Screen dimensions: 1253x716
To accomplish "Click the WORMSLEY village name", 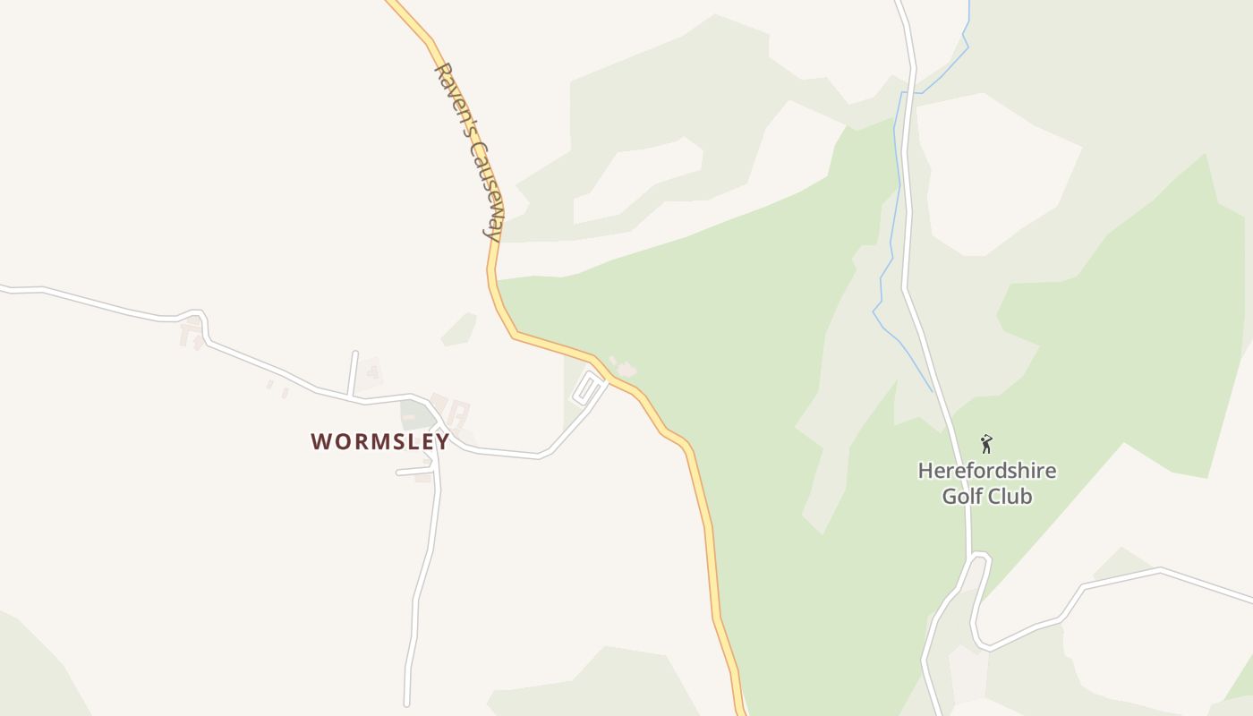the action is click(379, 441).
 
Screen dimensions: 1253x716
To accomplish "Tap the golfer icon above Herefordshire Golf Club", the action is click(986, 443).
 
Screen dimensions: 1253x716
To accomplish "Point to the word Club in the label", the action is click(1010, 496).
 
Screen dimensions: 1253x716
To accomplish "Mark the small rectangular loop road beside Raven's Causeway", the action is click(587, 388).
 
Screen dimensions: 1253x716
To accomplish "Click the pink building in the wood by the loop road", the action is click(626, 368).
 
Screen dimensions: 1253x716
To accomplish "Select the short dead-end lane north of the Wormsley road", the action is click(354, 372).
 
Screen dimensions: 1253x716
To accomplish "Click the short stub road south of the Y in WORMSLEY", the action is click(414, 471).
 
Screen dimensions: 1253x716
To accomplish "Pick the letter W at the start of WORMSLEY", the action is click(320, 441).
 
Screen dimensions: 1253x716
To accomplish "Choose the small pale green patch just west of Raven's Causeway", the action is click(460, 329).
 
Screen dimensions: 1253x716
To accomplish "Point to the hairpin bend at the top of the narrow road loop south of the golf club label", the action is click(980, 557).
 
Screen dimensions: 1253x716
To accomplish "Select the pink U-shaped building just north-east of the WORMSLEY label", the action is click(458, 413).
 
